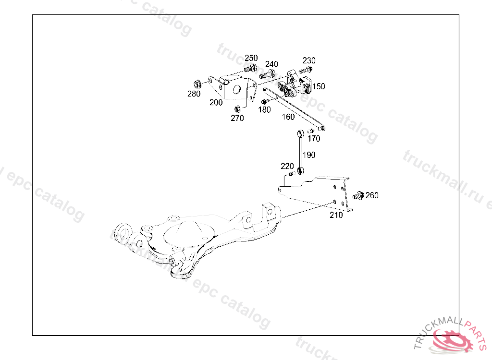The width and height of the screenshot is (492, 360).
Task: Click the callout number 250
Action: click(251, 58)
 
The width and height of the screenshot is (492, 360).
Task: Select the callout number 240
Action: click(271, 64)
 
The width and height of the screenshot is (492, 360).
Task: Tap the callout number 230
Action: click(309, 60)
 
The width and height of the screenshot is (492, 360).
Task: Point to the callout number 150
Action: click(319, 86)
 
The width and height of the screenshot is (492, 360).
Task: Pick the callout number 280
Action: click(194, 94)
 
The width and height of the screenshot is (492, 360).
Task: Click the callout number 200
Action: click(216, 102)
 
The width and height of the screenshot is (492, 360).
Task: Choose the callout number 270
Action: click(237, 118)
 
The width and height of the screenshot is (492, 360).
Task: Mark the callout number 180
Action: click(265, 110)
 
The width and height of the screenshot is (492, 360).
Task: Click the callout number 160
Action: click(288, 117)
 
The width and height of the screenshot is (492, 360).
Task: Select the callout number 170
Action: click(314, 139)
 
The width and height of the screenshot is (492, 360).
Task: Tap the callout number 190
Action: click(309, 155)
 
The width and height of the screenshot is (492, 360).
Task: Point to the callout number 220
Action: click(287, 166)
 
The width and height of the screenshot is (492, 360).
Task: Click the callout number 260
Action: click(372, 195)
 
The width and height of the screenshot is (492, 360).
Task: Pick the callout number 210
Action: click(336, 215)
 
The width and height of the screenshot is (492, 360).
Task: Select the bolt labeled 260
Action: click(357, 196)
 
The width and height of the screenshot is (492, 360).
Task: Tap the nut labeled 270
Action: click(237, 108)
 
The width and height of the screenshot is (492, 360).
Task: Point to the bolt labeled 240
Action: click(267, 75)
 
